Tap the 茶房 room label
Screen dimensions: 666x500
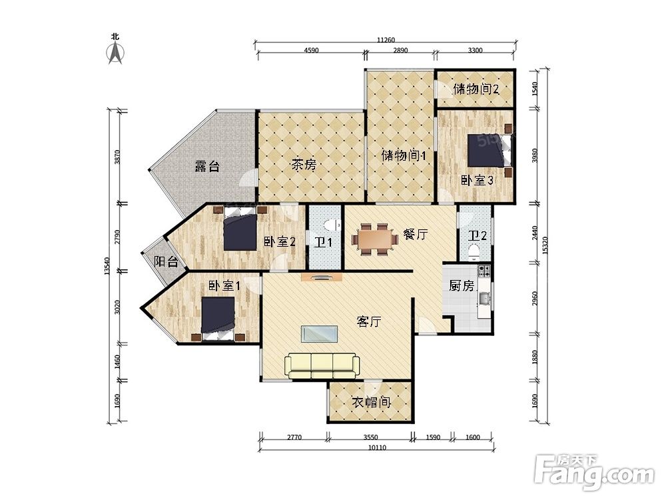click(x=304, y=164)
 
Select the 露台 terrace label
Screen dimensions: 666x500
click(x=207, y=166)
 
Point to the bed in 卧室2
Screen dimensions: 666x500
click(x=240, y=229)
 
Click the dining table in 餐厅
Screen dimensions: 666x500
click(x=374, y=239)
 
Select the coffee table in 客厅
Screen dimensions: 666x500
click(x=320, y=334)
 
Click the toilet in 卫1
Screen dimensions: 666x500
click(x=331, y=224)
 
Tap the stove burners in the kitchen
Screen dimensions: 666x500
click(x=484, y=271)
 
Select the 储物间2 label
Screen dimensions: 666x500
click(x=476, y=89)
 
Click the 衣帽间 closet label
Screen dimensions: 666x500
click(x=371, y=402)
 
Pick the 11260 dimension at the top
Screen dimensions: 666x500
click(x=386, y=40)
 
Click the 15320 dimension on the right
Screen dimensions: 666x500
click(x=545, y=245)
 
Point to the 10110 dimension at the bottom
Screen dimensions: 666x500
click(x=377, y=447)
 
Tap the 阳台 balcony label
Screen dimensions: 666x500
click(x=166, y=261)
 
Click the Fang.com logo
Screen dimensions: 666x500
click(x=594, y=471)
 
